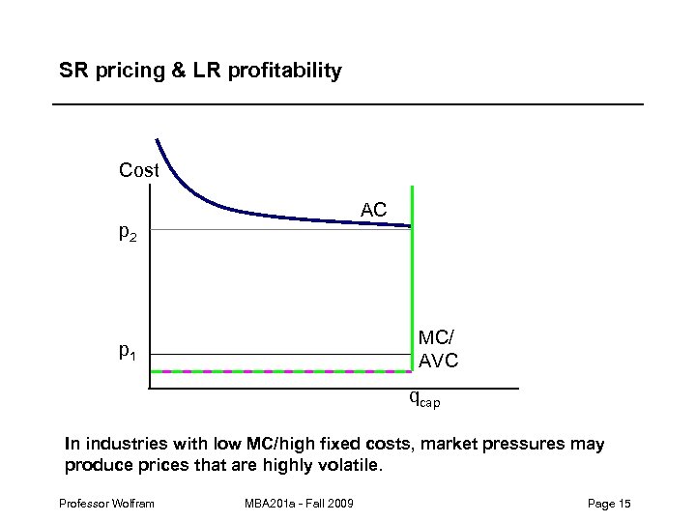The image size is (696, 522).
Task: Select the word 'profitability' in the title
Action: pos(287,72)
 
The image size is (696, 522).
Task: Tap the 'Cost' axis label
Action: pos(138,171)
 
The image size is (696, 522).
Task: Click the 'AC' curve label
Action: pos(374,210)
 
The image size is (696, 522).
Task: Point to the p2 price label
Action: pos(128,233)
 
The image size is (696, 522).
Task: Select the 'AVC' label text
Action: pos(438,361)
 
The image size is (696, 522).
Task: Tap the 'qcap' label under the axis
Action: pos(424,397)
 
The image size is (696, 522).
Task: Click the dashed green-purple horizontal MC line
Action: pos(280,371)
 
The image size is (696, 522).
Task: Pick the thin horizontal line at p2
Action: pos(251,230)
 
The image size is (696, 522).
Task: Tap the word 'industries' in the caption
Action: pos(121,445)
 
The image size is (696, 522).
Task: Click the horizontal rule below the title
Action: pos(348,103)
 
